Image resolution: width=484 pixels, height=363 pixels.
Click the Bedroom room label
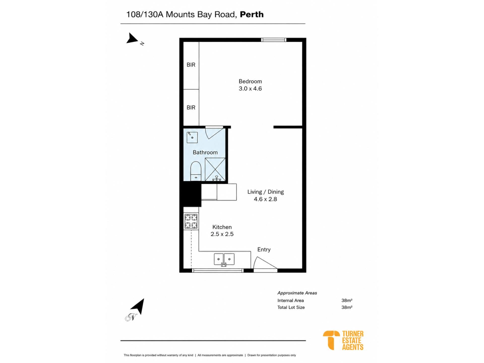(x=250, y=81)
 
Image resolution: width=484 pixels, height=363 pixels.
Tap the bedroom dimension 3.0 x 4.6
(x=250, y=88)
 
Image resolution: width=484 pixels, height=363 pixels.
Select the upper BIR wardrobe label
(x=191, y=65)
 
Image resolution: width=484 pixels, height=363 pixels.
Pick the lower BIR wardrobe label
(x=191, y=108)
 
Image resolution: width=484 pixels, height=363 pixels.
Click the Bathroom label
(x=205, y=152)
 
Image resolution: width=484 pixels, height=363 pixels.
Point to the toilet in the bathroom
(x=196, y=171)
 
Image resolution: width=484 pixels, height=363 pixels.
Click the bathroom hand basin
(x=192, y=137)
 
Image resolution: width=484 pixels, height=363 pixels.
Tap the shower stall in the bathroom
(x=215, y=169)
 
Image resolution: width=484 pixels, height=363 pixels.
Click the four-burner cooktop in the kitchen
(x=191, y=221)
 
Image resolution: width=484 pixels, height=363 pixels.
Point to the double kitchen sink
(x=224, y=259)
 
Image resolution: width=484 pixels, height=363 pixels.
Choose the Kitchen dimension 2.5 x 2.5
(x=222, y=234)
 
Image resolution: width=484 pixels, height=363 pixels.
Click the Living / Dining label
(x=265, y=192)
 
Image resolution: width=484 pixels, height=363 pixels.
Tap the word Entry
(x=264, y=249)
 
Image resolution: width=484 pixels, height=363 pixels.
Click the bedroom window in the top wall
(x=274, y=40)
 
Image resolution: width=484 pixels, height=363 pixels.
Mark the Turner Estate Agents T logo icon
(x=331, y=340)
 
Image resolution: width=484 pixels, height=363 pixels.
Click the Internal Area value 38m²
(x=347, y=300)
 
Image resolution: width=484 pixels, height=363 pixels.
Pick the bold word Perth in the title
(x=252, y=14)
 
